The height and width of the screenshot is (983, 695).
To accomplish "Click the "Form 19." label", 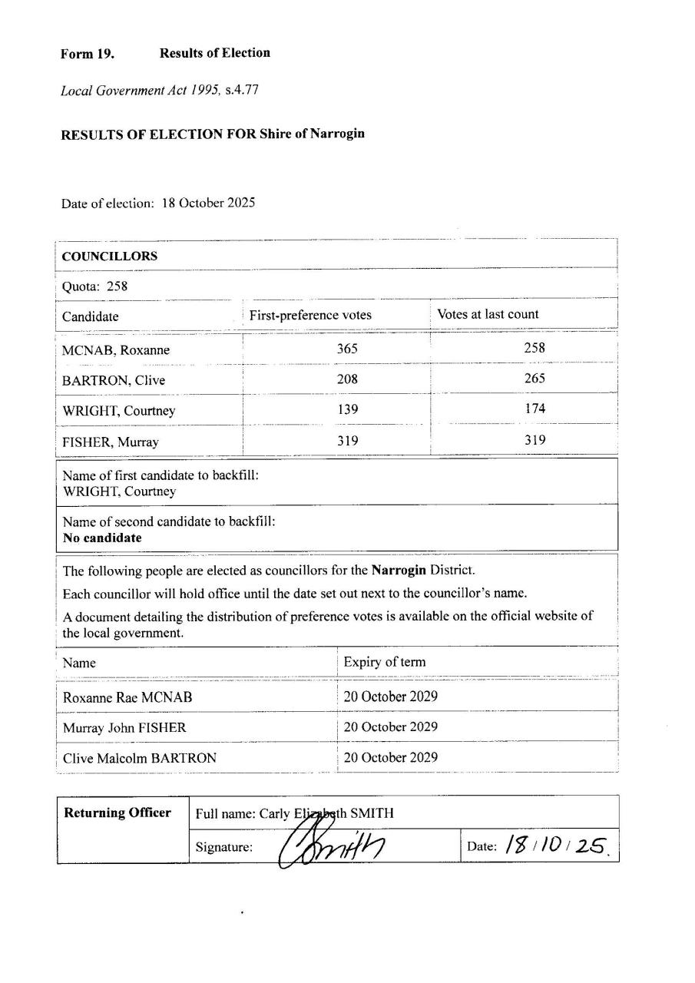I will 88,54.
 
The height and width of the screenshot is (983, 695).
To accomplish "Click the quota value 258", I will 117,286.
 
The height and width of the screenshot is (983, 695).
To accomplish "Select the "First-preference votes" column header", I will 310,315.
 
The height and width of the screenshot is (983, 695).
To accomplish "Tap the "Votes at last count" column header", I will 488,314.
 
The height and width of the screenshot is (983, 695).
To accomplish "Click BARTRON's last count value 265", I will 534,379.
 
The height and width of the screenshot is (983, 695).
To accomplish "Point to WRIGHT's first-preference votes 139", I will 347,410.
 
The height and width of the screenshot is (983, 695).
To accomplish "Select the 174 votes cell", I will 534,409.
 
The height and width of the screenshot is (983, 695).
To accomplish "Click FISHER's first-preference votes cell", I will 347,441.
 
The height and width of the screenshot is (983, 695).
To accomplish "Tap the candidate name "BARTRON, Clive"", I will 114,380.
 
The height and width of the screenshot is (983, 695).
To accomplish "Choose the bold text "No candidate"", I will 102,538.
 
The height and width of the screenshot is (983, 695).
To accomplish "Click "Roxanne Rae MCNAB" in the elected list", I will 127,697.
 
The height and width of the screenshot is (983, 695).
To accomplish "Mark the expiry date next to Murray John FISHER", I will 390,726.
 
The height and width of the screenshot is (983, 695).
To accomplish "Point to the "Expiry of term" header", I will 384,662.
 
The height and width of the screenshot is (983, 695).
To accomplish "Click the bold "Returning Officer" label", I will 117,813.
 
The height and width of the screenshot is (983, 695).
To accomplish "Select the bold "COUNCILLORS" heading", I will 110,257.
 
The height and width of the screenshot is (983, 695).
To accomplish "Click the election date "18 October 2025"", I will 208,204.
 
